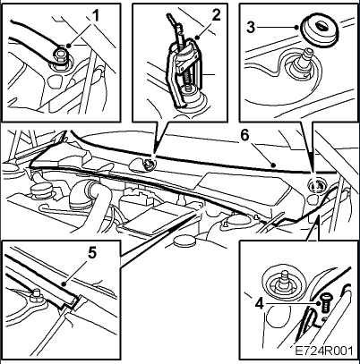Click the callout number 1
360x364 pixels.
pos(95,15)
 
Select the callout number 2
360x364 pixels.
pos(216,15)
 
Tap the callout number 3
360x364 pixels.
pos(251,28)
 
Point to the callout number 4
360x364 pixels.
pos(260,304)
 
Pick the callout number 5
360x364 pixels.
pos(92,254)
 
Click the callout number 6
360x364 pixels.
pos(244,136)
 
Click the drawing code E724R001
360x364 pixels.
pos(324,351)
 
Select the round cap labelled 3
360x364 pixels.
pos(320,31)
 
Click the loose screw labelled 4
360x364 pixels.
pos(325,303)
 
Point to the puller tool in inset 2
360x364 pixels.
pos(184,72)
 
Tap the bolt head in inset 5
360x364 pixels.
pos(37,295)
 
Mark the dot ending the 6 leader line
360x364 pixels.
pos(273,165)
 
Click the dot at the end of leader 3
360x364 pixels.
pos(296,28)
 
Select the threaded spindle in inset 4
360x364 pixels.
pos(283,281)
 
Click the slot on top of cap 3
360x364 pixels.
pos(322,27)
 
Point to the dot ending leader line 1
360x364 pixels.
pos(69,46)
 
